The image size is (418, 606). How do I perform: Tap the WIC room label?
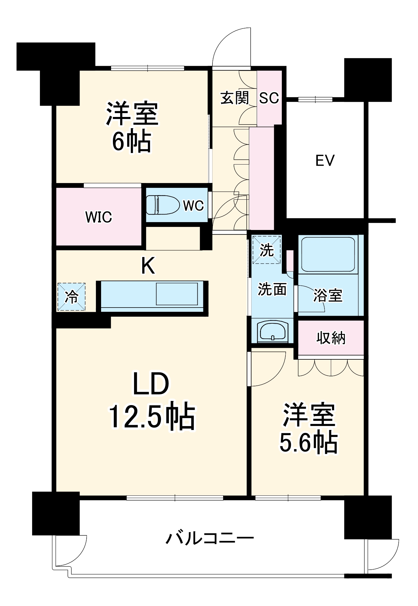(99, 217)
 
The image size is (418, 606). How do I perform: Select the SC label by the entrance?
(269, 98)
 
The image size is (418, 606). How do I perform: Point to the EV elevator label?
(325, 160)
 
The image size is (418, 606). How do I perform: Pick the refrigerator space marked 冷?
(71, 297)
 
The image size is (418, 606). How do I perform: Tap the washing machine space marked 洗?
(267, 250)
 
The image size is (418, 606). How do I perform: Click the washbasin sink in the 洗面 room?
(272, 331)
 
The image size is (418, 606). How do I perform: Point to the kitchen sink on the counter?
(177, 294)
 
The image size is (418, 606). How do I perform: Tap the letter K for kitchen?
(148, 265)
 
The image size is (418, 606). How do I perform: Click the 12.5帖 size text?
(152, 416)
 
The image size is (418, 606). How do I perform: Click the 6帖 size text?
(132, 142)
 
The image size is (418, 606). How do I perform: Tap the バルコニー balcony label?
(209, 538)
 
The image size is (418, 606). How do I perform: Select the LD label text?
(151, 384)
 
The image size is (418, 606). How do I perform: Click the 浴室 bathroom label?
(327, 295)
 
